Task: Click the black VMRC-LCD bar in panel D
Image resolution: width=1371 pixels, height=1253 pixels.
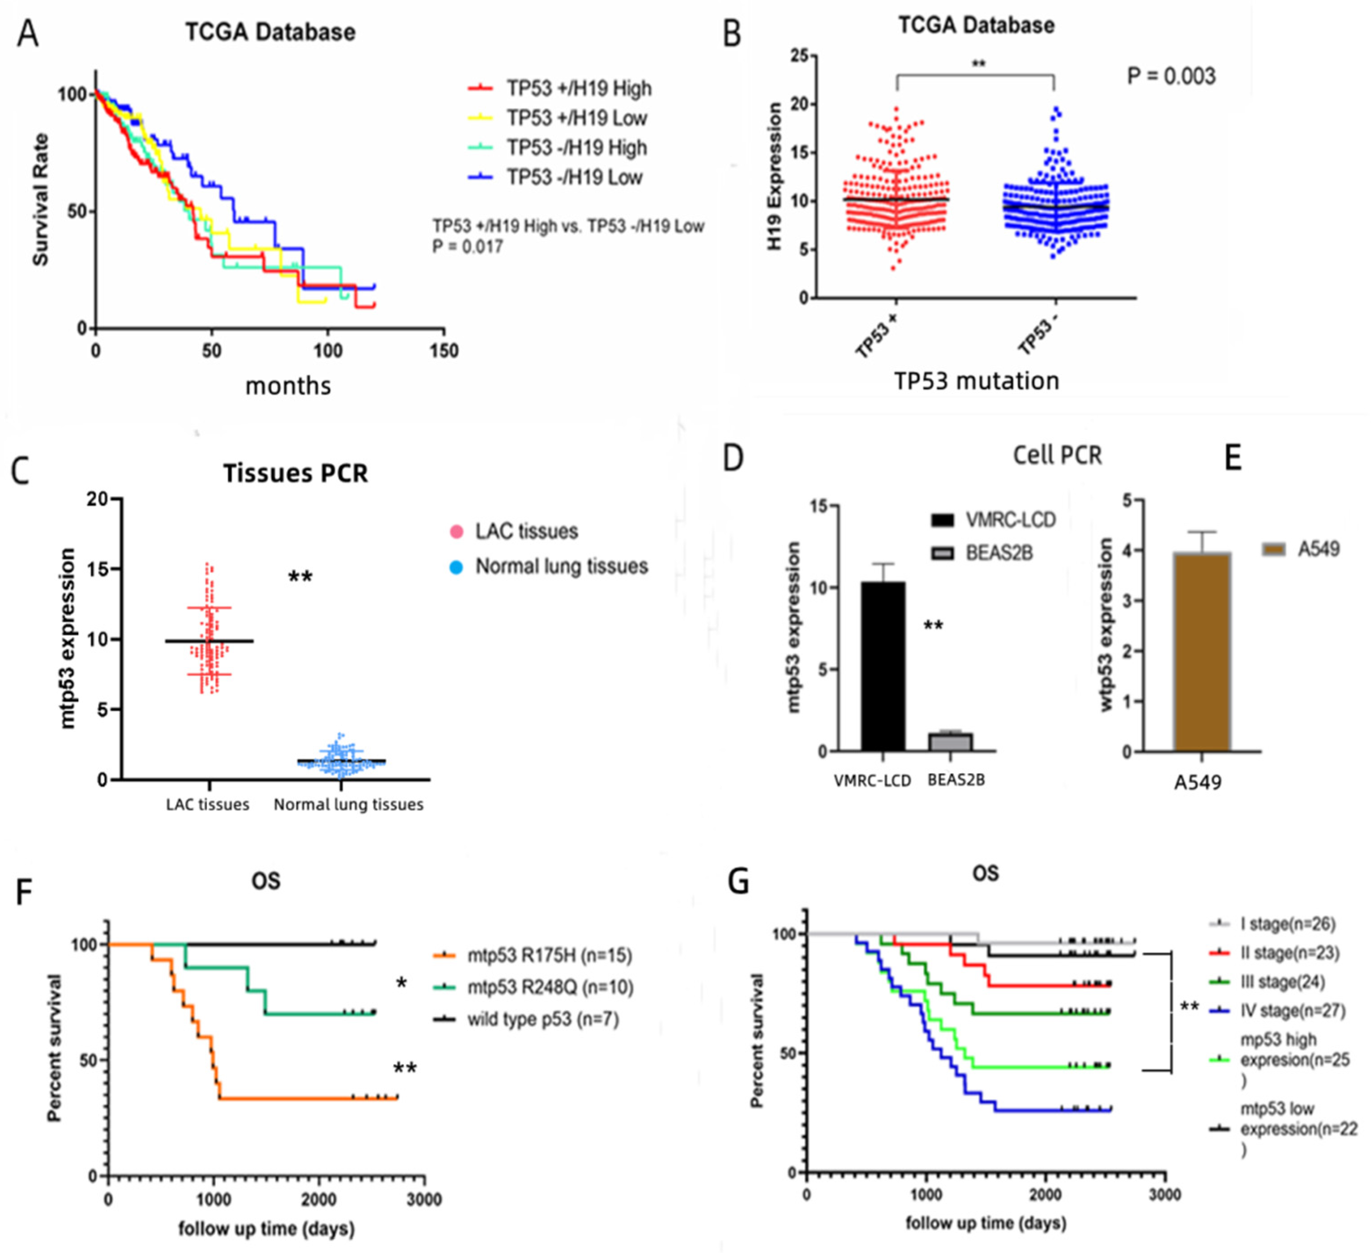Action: (882, 666)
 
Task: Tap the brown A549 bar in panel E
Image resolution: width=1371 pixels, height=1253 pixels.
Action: (1202, 653)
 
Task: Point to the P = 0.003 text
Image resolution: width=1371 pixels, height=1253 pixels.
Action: (1171, 76)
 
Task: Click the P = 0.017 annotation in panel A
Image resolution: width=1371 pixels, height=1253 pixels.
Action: (468, 246)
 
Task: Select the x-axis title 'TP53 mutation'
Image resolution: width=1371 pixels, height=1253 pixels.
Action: (976, 381)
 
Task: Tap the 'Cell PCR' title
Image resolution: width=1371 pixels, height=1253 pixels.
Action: (1057, 455)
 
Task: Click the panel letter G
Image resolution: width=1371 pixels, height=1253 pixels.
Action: (739, 882)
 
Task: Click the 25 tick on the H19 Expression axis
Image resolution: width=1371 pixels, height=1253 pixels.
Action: (799, 56)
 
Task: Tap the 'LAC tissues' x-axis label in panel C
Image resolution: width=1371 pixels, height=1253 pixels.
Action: (207, 804)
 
